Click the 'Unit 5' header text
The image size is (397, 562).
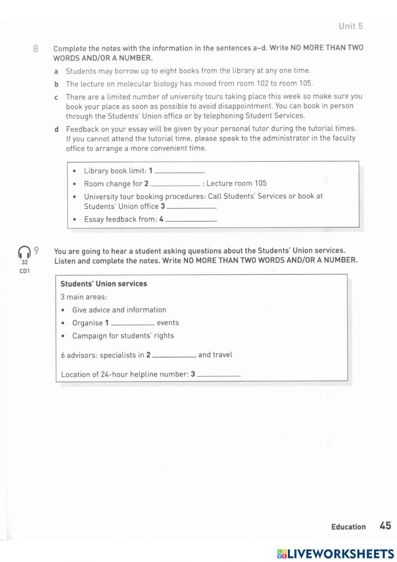[x=351, y=26]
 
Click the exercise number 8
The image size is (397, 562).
[x=35, y=49]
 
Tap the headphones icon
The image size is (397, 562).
[x=24, y=252]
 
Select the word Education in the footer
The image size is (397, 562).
[x=348, y=527]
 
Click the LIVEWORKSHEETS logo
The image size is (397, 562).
[x=335, y=554]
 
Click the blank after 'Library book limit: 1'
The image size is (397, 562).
[x=179, y=171]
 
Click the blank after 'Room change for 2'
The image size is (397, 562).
[x=175, y=184]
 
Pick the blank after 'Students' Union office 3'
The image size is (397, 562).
[x=191, y=207]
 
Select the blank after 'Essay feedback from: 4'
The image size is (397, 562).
[x=190, y=220]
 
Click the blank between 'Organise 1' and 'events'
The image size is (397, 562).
[x=133, y=323]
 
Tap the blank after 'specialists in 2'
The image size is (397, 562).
[x=174, y=356]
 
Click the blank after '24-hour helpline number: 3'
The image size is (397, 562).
[x=219, y=375]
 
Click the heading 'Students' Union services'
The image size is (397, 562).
[x=104, y=284]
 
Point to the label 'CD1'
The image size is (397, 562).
[x=25, y=271]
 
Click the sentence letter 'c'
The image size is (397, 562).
[x=56, y=97]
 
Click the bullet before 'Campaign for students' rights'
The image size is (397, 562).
[x=64, y=336]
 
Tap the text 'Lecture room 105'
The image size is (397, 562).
[x=237, y=183]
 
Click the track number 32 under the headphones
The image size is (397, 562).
[x=25, y=262]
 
